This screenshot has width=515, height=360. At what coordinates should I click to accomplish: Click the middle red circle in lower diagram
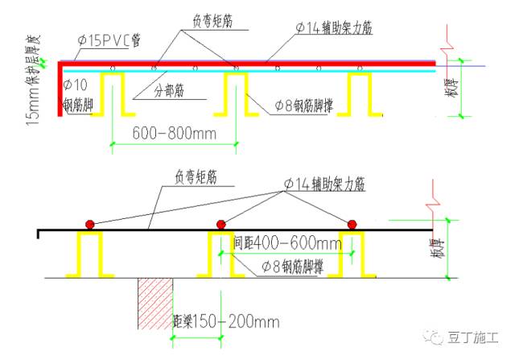tap(220, 224)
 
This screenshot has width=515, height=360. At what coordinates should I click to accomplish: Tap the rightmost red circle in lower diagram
tap(351, 224)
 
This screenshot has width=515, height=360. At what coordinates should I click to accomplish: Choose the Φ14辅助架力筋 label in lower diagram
tap(324, 184)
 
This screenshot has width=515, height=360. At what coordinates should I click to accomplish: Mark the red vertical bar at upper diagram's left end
tap(60, 89)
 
